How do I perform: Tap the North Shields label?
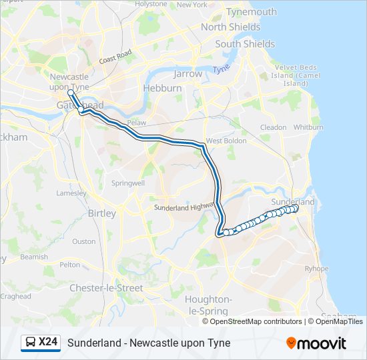230,27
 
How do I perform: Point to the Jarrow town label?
188,74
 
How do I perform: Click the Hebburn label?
161,88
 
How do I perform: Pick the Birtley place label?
101,213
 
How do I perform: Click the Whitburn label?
308,127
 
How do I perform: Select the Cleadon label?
273,127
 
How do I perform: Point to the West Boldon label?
223,141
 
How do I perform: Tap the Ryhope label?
317,269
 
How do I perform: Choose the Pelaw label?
136,123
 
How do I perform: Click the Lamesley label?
71,193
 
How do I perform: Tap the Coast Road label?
115,57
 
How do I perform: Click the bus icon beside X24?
31,343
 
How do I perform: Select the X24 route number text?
48,343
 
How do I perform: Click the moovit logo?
316,343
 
